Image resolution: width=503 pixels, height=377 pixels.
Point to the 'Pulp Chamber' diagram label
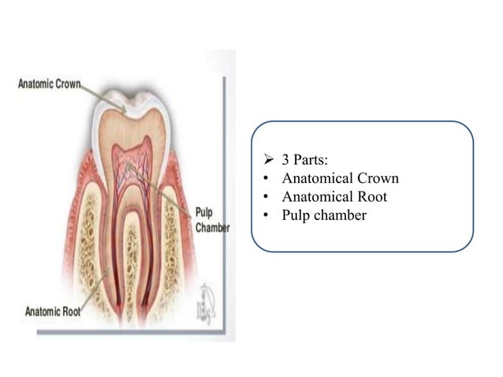[x=212, y=220]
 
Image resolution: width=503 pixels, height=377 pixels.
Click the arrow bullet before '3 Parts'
[x=268, y=162]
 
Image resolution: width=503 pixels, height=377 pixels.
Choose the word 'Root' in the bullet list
[x=371, y=196]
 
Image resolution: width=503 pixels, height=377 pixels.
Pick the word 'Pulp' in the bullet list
[x=298, y=214]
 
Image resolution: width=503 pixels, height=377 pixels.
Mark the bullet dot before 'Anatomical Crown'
[x=268, y=180]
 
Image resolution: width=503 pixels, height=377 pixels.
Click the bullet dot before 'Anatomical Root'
[x=268, y=197]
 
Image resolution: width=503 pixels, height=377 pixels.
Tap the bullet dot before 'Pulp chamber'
[x=268, y=215]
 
